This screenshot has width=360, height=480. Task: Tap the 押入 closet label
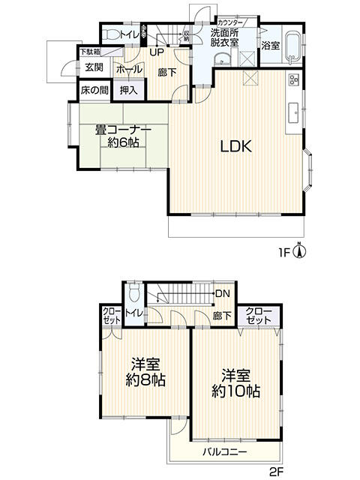(128, 90)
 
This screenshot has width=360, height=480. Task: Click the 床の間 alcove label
(94, 90)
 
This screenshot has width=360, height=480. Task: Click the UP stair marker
(157, 52)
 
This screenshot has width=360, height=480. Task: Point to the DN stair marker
(223, 293)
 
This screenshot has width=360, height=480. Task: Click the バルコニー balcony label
(226, 452)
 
